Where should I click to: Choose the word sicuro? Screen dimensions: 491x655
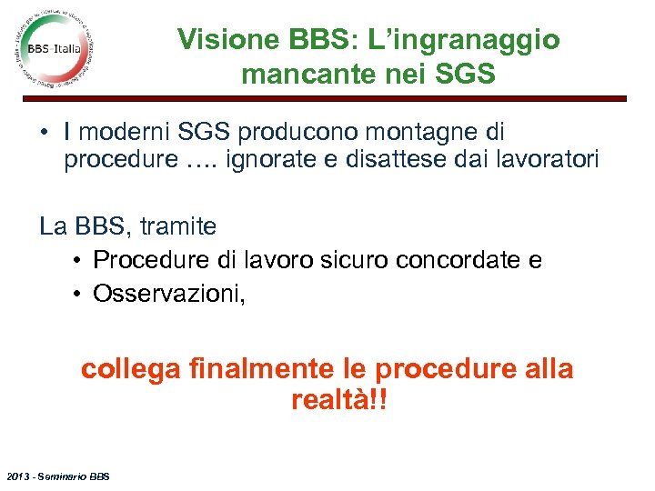355,261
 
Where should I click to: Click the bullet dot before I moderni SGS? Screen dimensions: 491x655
45,133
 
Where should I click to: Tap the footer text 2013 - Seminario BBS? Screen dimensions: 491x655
55,476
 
